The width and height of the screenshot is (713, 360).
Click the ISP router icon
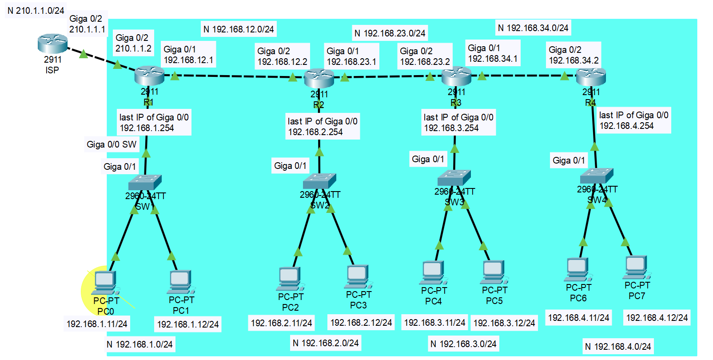[x=52, y=43]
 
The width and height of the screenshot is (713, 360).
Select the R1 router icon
[x=149, y=76]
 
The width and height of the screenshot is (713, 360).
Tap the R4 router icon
[x=591, y=77]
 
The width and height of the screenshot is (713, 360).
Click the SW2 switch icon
[x=319, y=181]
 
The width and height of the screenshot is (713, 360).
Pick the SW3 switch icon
[x=454, y=178]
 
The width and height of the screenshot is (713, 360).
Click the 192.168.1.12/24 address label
[x=188, y=324]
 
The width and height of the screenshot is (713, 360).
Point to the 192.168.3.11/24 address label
[x=434, y=323]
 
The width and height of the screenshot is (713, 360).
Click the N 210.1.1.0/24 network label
[x=36, y=11]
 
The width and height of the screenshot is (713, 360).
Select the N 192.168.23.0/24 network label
[x=390, y=33]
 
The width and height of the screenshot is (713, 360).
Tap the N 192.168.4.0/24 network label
[x=618, y=347]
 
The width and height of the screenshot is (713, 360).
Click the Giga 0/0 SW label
[x=112, y=144]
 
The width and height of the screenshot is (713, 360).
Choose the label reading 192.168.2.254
[x=315, y=132]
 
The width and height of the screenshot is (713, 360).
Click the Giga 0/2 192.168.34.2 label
[x=574, y=55]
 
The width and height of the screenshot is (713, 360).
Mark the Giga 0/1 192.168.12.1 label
[x=188, y=55]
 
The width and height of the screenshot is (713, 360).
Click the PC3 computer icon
[x=358, y=276]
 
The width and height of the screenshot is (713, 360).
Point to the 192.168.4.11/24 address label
[x=578, y=318]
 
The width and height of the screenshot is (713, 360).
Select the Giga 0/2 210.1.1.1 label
[x=88, y=24]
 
